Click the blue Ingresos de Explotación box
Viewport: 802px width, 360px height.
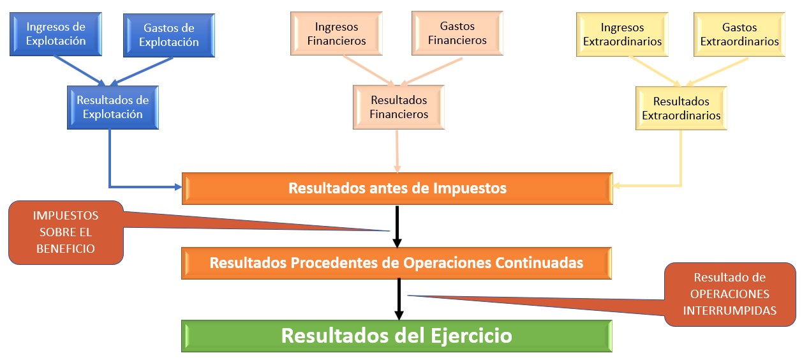[x=56, y=33]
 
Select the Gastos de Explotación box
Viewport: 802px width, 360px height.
[x=169, y=35]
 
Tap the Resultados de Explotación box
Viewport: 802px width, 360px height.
[x=112, y=107]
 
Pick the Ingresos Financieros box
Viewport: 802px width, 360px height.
[x=337, y=34]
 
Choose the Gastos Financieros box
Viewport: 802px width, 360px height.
[x=457, y=33]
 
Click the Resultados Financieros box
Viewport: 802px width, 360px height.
[x=399, y=107]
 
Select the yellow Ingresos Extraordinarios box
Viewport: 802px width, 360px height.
[x=622, y=34]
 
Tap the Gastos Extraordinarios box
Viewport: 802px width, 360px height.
[x=739, y=34]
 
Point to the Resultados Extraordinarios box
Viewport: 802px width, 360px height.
[x=681, y=109]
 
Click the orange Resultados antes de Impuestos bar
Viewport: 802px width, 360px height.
[x=397, y=188]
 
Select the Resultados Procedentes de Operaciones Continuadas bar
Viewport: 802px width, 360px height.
[x=396, y=262]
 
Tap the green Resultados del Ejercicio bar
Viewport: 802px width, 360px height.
[x=396, y=336]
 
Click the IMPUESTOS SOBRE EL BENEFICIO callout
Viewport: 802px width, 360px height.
[x=65, y=232]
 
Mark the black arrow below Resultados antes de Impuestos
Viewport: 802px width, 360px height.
[x=397, y=225]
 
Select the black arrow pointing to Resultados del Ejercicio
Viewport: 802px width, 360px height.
[x=399, y=299]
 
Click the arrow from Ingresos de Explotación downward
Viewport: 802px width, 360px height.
[x=80, y=70]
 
